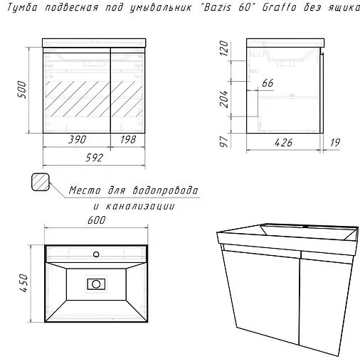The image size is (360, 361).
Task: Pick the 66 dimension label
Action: click(x=268, y=84)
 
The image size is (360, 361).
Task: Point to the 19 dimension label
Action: click(x=335, y=141)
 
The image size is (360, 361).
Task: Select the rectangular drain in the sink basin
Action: click(x=95, y=284)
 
